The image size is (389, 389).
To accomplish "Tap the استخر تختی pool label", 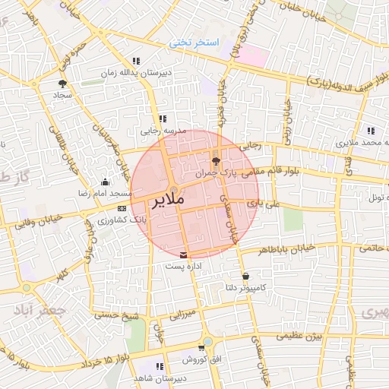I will pyautogui.click(x=193, y=43).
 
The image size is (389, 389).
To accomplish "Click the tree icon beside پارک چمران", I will pyautogui.click(x=217, y=160).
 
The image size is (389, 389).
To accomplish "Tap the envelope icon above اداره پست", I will pyautogui.click(x=182, y=255).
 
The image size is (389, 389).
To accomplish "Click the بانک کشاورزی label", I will pyautogui.click(x=122, y=220).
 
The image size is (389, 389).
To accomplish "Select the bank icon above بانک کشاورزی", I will pyautogui.click(x=122, y=208).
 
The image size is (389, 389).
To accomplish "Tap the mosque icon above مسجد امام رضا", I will pyautogui.click(x=105, y=182).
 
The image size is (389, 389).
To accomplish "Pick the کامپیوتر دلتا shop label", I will pyautogui.click(x=245, y=288).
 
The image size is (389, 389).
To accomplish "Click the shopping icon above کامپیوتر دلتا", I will pyautogui.click(x=245, y=276).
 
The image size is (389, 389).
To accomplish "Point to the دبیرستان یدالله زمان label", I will pyautogui.click(x=137, y=73).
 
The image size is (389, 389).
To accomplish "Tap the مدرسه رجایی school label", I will pyautogui.click(x=158, y=131).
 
